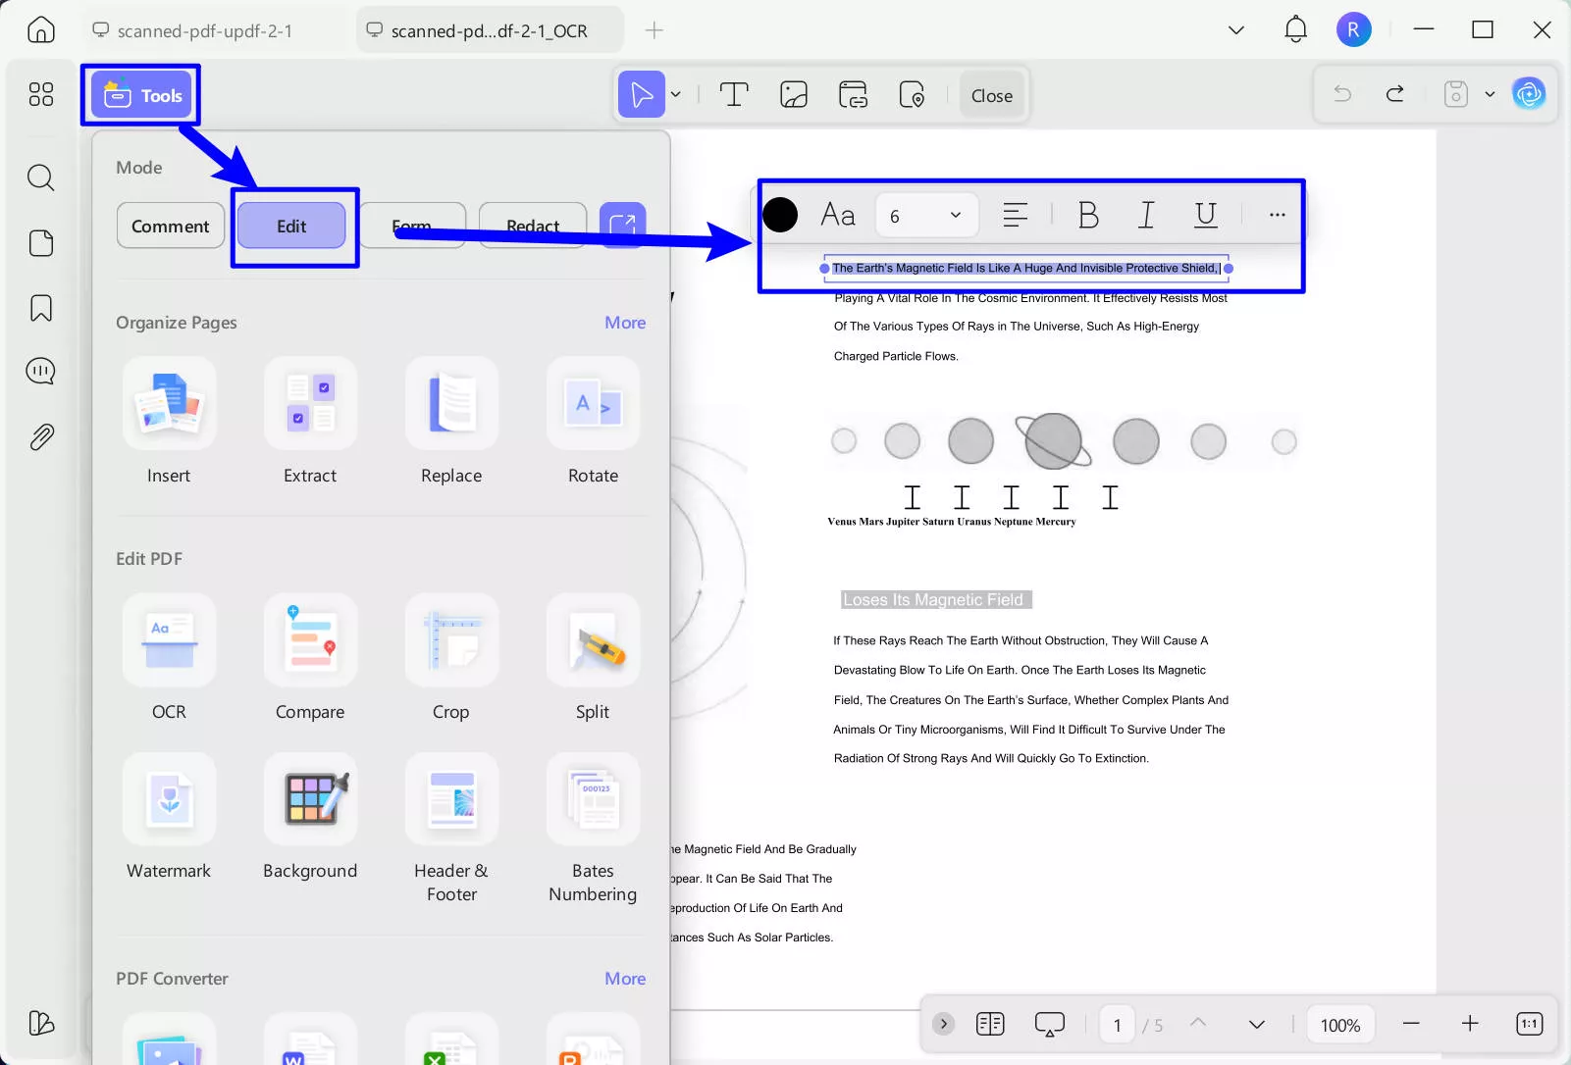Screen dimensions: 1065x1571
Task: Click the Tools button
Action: click(x=141, y=95)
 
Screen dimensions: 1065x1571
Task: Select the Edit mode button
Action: click(x=291, y=226)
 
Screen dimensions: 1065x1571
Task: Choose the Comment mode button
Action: click(x=170, y=226)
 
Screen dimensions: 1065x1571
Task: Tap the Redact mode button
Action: click(x=533, y=225)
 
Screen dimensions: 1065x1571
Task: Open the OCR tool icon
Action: click(x=169, y=641)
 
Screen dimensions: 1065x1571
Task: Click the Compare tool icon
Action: click(x=310, y=641)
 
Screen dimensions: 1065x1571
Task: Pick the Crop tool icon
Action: click(x=451, y=641)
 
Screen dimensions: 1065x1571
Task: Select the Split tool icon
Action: click(x=593, y=641)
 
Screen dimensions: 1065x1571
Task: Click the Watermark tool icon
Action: click(x=169, y=799)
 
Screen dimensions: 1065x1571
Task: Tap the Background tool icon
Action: click(x=310, y=799)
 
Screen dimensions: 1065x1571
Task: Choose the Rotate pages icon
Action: click(x=593, y=404)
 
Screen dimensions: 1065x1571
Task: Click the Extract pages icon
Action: click(x=310, y=404)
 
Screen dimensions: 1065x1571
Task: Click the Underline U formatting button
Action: click(x=1205, y=215)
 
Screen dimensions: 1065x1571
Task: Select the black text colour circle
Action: click(x=780, y=215)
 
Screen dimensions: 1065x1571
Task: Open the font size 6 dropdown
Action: click(x=925, y=216)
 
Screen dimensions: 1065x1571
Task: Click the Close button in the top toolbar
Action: click(x=991, y=95)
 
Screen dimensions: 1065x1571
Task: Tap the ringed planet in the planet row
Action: click(x=1053, y=441)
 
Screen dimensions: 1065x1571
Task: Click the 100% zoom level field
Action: click(x=1339, y=1025)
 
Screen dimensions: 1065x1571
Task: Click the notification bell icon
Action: click(x=1295, y=29)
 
